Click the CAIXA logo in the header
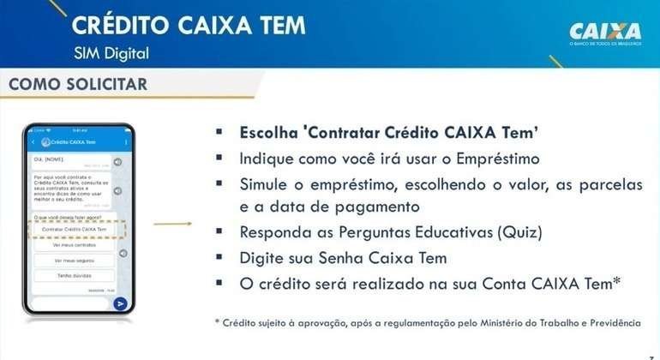click(x=604, y=32)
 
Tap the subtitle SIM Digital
click(x=111, y=53)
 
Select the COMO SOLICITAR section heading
click(x=78, y=84)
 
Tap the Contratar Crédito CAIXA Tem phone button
click(x=74, y=230)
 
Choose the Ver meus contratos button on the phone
click(x=74, y=245)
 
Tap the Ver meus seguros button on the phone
click(x=74, y=261)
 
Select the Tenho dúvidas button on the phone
click(x=74, y=276)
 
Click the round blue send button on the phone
click(x=120, y=303)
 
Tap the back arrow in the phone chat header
click(x=33, y=141)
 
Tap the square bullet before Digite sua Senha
click(x=219, y=256)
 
